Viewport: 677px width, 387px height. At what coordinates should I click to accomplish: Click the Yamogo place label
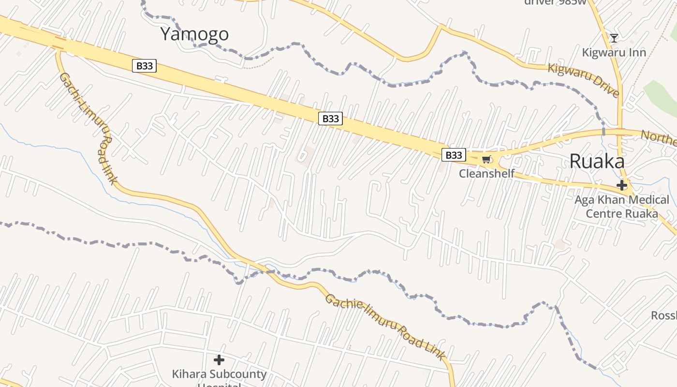194,34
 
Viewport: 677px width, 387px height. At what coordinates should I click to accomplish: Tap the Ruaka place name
597,161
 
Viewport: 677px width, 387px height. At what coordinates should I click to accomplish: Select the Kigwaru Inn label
614,52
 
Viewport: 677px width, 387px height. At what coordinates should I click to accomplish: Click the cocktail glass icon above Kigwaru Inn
614,38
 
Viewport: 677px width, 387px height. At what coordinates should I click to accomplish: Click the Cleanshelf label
486,173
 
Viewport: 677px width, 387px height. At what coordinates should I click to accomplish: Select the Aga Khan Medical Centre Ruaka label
622,207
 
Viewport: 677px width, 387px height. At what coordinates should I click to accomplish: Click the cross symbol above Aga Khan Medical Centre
622,185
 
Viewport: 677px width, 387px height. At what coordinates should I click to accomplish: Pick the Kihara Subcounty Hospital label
219,377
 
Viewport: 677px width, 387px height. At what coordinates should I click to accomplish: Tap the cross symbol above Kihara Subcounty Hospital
219,360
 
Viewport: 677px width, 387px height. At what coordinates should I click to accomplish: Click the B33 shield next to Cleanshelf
454,155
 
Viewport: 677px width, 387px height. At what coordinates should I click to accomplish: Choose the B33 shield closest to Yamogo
144,66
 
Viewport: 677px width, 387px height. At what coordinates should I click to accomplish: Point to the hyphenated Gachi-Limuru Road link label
89,128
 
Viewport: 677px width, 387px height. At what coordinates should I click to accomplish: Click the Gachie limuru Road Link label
385,327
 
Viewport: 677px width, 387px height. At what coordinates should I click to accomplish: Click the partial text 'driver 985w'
555,2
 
